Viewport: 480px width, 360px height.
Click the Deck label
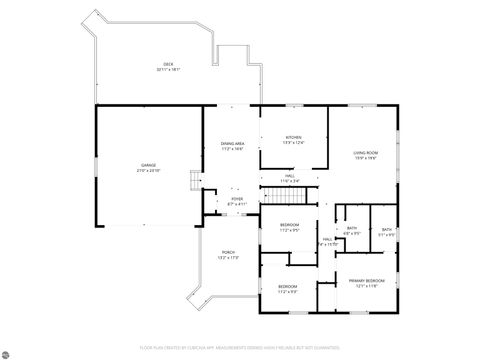pyautogui.click(x=168, y=64)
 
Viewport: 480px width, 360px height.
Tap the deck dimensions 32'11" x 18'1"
pyautogui.click(x=168, y=70)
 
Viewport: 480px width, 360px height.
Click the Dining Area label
pyautogui.click(x=233, y=144)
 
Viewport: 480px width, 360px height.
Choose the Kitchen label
pyautogui.click(x=293, y=137)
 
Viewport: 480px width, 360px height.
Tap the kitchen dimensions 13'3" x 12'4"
pyautogui.click(x=293, y=143)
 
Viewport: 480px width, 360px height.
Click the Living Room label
pyautogui.click(x=364, y=152)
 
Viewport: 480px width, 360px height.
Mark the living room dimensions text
pyautogui.click(x=364, y=158)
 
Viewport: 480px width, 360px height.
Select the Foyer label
pyautogui.click(x=237, y=198)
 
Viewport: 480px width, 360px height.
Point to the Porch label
pyautogui.click(x=228, y=252)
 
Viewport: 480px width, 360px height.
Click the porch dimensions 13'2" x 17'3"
pyautogui.click(x=228, y=258)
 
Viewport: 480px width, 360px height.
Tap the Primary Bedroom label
pyautogui.click(x=366, y=280)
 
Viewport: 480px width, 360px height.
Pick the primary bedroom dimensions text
pyautogui.click(x=366, y=286)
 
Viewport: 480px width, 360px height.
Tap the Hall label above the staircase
pyautogui.click(x=289, y=175)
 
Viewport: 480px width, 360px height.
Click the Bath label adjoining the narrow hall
pyautogui.click(x=352, y=228)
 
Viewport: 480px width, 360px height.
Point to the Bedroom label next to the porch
pyautogui.click(x=287, y=286)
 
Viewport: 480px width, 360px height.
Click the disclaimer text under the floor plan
pyautogui.click(x=240, y=347)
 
